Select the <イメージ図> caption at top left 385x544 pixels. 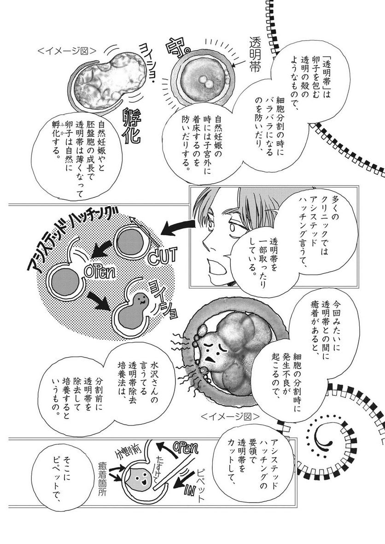point(66,52)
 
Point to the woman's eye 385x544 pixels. point(232,227)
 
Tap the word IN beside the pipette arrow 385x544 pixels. point(189,490)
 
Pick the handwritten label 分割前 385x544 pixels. point(127,452)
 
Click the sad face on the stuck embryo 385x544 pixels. point(210,351)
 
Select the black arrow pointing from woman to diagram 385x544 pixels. point(176,227)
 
